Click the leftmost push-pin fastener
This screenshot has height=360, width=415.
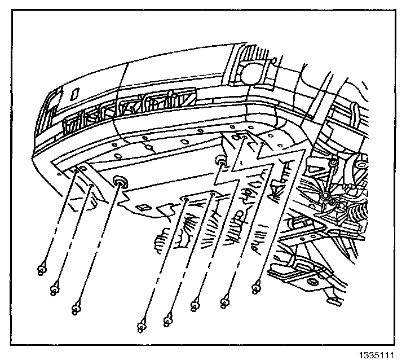tap(42, 270)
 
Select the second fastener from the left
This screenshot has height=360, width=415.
tap(55, 289)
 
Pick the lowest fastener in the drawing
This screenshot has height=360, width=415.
tap(141, 326)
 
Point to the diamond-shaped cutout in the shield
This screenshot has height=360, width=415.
tap(144, 207)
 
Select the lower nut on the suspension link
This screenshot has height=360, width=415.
tap(326, 196)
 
